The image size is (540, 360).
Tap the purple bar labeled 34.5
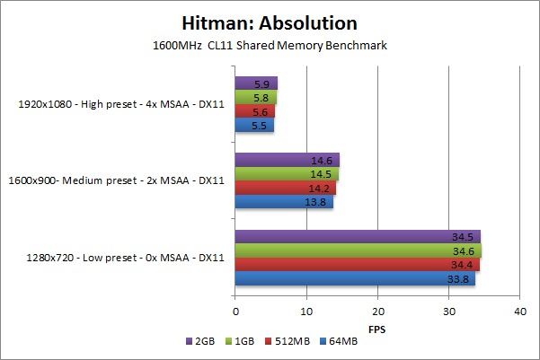(358, 237)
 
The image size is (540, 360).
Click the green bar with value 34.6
(359, 250)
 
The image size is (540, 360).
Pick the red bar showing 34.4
(358, 265)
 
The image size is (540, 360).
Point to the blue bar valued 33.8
(355, 278)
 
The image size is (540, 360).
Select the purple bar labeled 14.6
(287, 161)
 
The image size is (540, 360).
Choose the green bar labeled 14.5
(287, 174)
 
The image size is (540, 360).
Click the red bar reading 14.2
(286, 188)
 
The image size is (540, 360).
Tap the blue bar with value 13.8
(284, 202)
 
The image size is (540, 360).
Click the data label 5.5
(260, 126)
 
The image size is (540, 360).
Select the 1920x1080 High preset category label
(121, 105)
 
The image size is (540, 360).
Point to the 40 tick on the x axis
(519, 311)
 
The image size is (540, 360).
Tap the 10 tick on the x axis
(306, 311)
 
